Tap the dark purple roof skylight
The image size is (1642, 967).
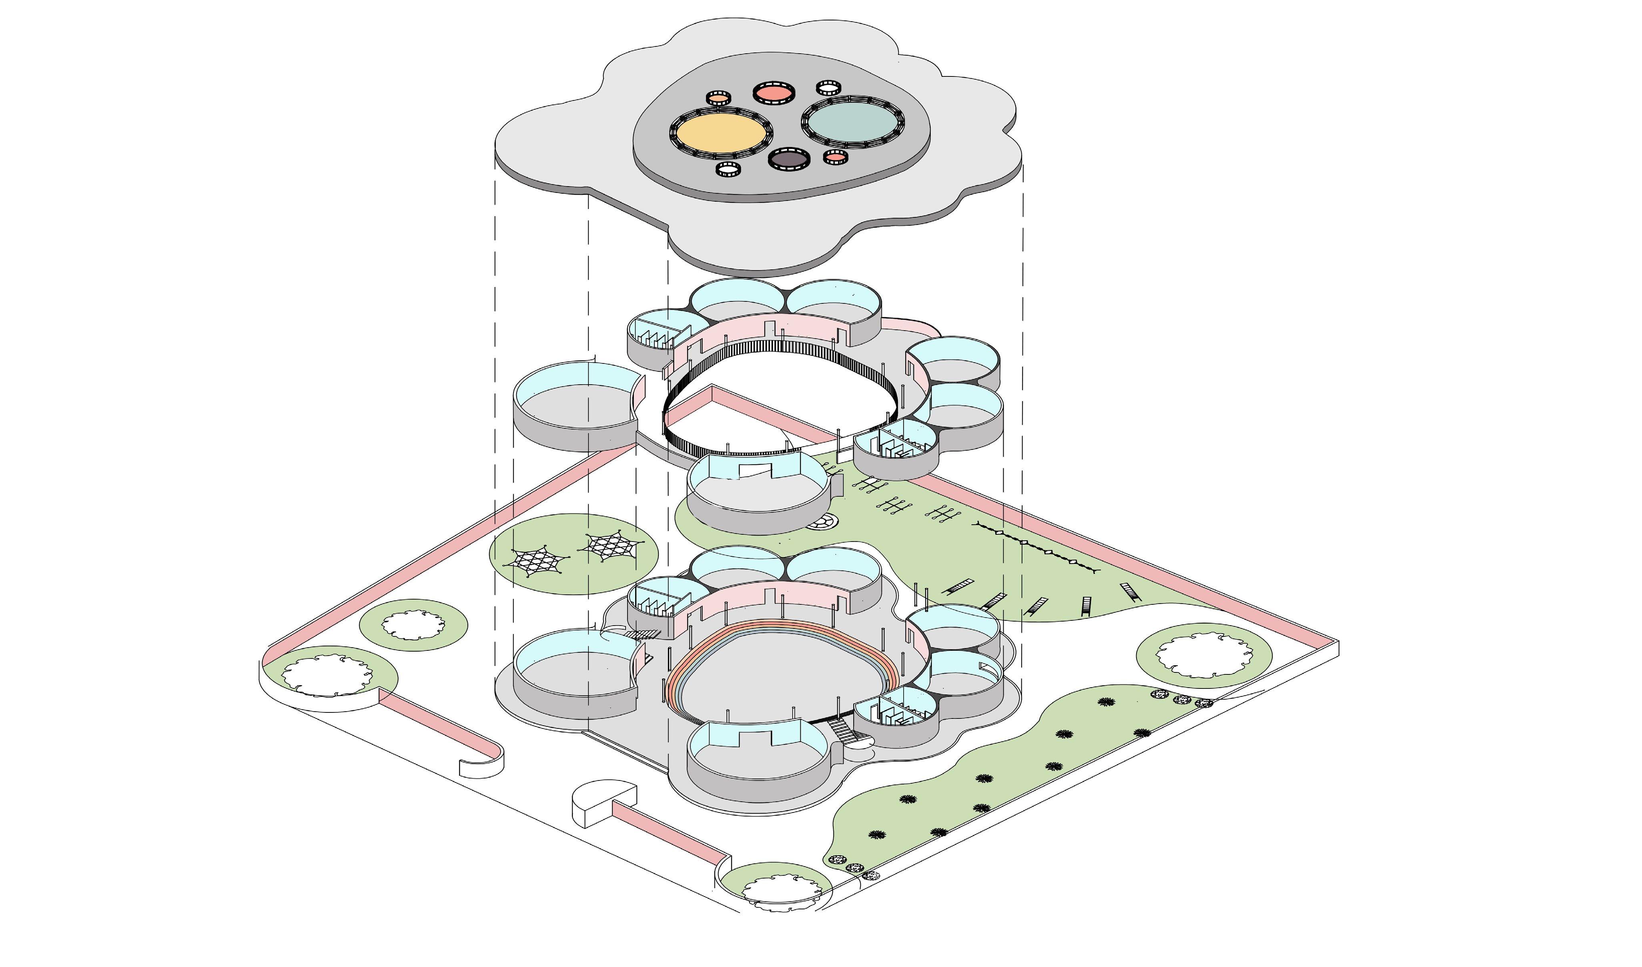[789, 159]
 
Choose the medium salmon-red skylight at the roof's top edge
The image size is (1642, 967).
[774, 92]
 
